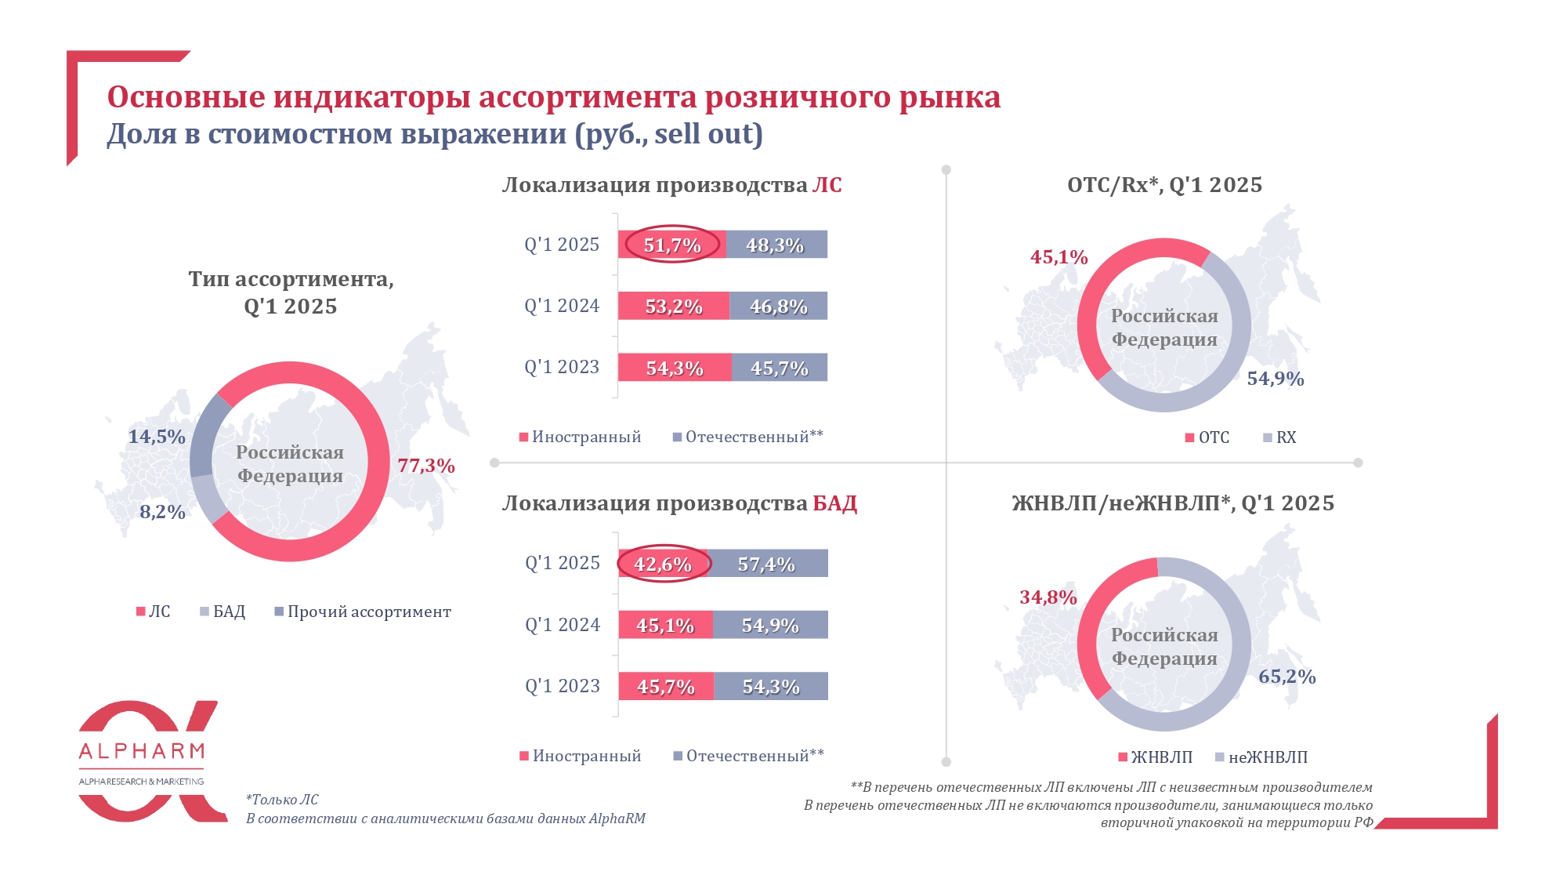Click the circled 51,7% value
pos(672,245)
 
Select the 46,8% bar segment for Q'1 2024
pos(778,307)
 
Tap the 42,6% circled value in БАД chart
pos(663,564)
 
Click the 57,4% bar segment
pos(767,564)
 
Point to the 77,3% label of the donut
pos(426,466)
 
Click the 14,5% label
pos(157,437)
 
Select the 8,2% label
pos(162,512)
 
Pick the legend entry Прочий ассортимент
pos(368,612)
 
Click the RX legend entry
pos(1286,437)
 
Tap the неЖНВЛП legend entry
pos(1267,757)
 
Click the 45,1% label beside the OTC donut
pos(1059,257)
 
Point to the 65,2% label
pos(1287,677)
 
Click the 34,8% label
pos(1048,597)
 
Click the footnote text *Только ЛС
pos(282,800)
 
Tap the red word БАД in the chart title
pos(834,503)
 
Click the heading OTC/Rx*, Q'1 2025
pos(1164,185)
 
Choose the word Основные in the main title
pos(186,97)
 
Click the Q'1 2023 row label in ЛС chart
pos(562,367)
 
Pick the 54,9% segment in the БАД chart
pos(769,626)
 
